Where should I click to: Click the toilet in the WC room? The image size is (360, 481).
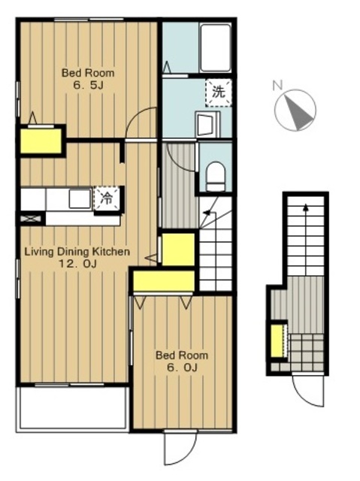pos(216,177)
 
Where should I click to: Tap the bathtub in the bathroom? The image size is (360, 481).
pos(215,48)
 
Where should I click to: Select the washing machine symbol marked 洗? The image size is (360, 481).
pos(219,92)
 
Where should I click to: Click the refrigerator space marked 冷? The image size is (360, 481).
pos(107,198)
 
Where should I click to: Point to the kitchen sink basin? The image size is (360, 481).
pos(80,198)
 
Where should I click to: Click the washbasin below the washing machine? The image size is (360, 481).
pos(207,124)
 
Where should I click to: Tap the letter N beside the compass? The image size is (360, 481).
pos(277,85)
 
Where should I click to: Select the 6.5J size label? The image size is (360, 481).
pos(89,85)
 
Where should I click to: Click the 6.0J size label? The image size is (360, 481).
pos(182,367)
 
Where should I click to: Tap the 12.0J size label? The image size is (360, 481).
pos(77,264)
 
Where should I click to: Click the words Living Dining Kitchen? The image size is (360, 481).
pos(77,252)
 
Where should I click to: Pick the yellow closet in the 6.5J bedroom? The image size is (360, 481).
pos(41,141)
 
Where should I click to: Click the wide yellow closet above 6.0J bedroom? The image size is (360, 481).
pos(164,281)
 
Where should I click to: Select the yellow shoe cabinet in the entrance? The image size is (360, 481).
pos(277,340)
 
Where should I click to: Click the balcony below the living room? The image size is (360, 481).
pos(73,408)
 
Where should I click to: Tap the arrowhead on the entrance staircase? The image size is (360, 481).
pos(305,207)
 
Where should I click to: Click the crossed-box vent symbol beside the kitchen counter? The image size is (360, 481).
pos(30,219)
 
